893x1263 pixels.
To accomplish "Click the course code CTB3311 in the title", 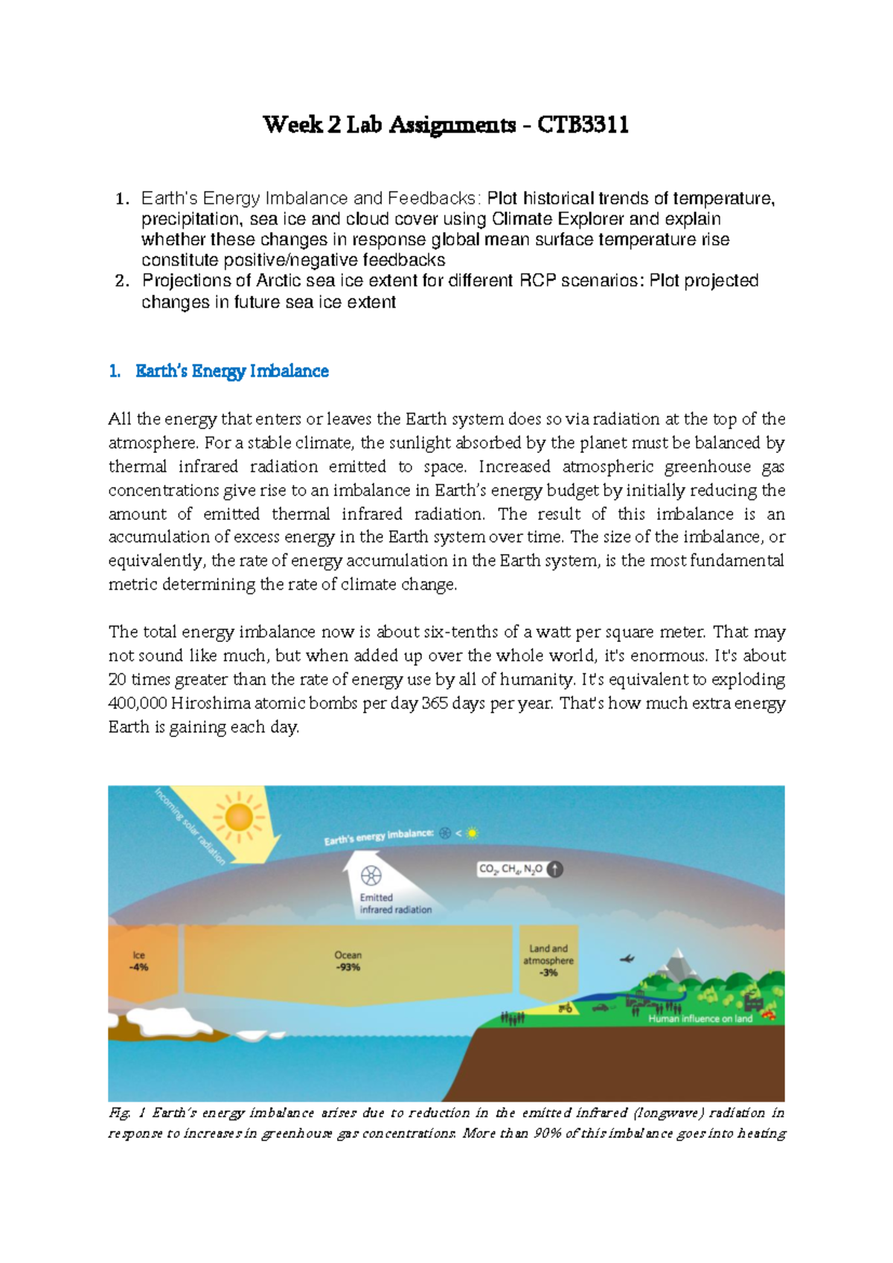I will [583, 125].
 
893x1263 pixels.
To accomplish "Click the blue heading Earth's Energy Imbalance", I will [231, 371].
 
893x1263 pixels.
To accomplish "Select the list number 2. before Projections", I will [122, 281].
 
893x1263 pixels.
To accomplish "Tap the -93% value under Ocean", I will [348, 968].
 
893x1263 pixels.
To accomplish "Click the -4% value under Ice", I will [138, 968].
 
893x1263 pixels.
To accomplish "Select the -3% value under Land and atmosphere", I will [548, 973].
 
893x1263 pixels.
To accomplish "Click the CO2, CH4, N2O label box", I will [510, 869].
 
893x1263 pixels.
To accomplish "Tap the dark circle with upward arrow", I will [555, 869].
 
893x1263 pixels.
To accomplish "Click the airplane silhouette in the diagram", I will [627, 960].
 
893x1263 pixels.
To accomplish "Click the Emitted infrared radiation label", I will [395, 904].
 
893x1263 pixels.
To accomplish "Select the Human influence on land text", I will [700, 1019].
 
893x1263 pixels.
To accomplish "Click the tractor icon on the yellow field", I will [566, 1009].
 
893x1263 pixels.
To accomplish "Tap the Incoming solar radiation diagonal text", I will [189, 826].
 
